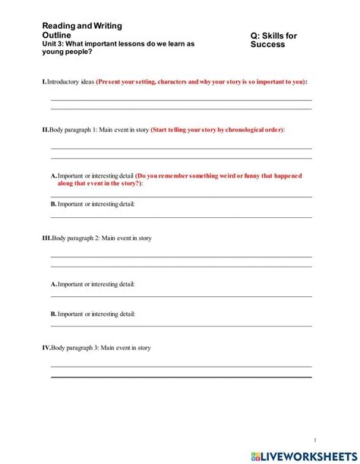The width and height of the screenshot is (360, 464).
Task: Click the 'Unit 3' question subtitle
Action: coord(118,48)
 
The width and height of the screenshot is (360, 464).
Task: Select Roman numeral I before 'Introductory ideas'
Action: coord(44,81)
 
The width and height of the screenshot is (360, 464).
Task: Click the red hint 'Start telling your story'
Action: coord(218,130)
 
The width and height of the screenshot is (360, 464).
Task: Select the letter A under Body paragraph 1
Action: coord(54,175)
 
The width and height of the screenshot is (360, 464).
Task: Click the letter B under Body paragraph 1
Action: coord(54,204)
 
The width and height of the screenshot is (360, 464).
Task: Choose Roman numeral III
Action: coord(46,238)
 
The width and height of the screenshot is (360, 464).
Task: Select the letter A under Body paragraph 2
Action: coord(54,284)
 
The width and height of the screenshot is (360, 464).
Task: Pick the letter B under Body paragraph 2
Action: coord(54,313)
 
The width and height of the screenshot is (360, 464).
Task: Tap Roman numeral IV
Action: coord(46,348)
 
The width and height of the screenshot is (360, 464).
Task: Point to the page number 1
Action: coord(314,439)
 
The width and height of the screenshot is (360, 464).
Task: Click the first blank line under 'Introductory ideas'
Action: coord(181,100)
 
